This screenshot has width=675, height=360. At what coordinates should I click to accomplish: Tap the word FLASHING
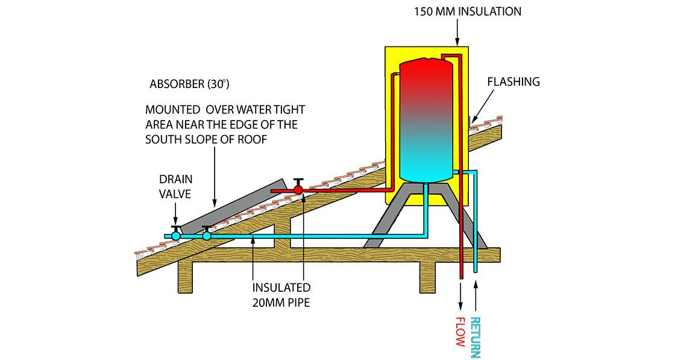pyautogui.click(x=513, y=82)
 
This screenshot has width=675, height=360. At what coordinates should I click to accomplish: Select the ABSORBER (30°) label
pyautogui.click(x=189, y=84)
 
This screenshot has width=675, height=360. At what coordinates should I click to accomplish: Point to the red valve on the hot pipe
pyautogui.click(x=298, y=190)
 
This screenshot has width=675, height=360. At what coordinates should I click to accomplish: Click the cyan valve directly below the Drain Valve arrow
pyautogui.click(x=175, y=236)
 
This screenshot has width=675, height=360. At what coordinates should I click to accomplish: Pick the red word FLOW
pyautogui.click(x=460, y=331)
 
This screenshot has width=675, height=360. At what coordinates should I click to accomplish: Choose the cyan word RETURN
pyautogui.click(x=476, y=337)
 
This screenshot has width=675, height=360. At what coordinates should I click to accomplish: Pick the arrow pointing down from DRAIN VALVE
pyautogui.click(x=175, y=212)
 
